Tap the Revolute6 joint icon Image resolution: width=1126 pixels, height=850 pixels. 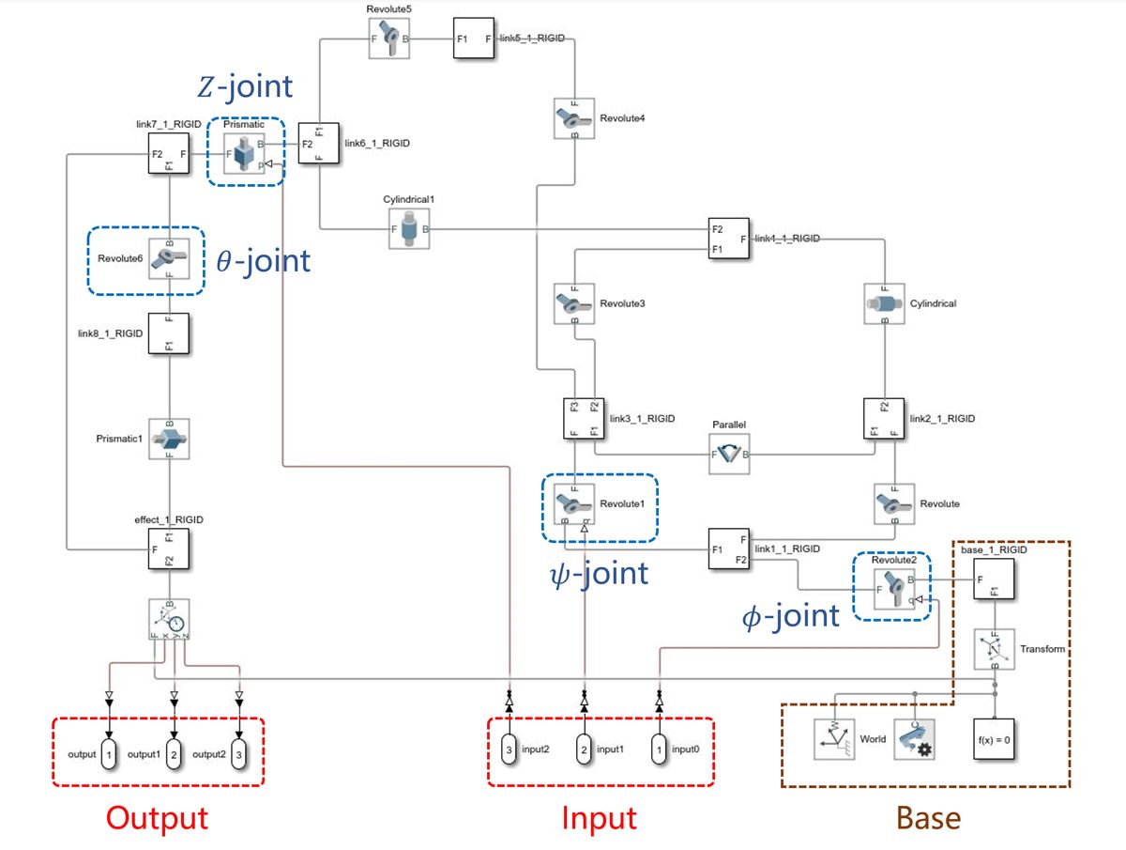pos(169,260)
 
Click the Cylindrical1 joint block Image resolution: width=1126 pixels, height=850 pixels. pos(409,229)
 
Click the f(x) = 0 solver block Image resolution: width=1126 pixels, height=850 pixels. pos(993,739)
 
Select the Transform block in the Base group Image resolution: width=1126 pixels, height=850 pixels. pos(995,649)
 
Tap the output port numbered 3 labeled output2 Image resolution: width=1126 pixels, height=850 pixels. pos(239,754)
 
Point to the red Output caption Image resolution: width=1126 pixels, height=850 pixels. pos(157,818)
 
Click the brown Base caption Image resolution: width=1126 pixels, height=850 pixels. pos(928,818)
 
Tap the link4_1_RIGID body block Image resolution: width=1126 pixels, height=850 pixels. pos(729,239)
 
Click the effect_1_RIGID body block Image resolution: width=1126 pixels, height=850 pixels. pos(169,549)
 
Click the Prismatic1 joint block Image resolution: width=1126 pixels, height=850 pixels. pos(169,439)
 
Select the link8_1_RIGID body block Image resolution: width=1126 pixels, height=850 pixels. pos(169,333)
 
